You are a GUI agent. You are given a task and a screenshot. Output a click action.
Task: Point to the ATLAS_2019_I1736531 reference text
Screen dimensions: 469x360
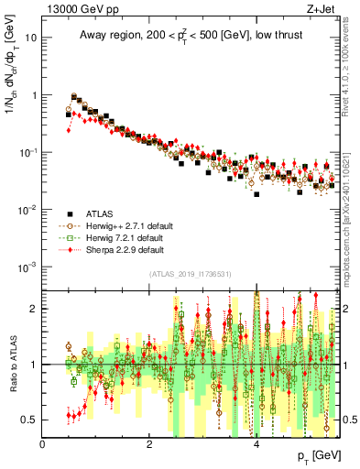tap(190, 273)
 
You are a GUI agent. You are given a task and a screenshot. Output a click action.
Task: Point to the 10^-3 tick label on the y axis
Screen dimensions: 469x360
tap(28, 266)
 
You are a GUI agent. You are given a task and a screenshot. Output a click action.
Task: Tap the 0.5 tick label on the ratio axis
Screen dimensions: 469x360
tap(29, 420)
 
